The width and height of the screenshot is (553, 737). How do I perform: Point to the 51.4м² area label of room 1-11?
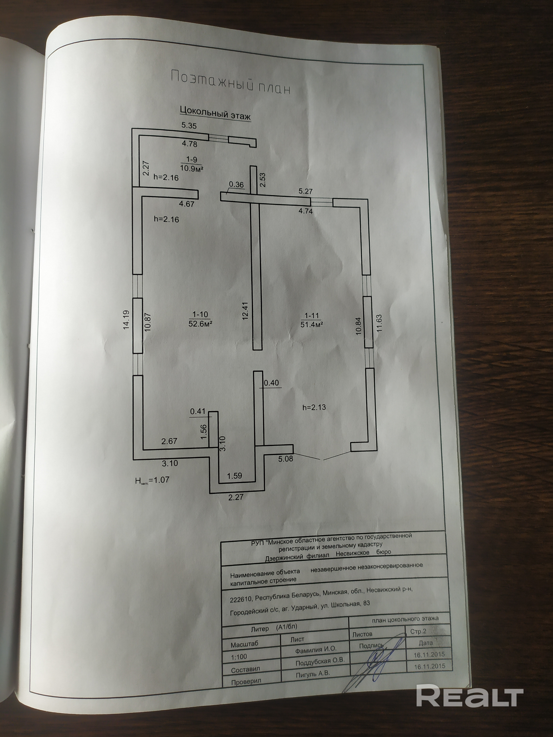click(x=312, y=324)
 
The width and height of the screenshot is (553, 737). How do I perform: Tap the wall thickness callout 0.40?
click(x=271, y=383)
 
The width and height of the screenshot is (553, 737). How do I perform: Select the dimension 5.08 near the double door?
click(x=286, y=459)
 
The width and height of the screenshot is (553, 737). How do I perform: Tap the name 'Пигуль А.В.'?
click(x=312, y=673)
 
